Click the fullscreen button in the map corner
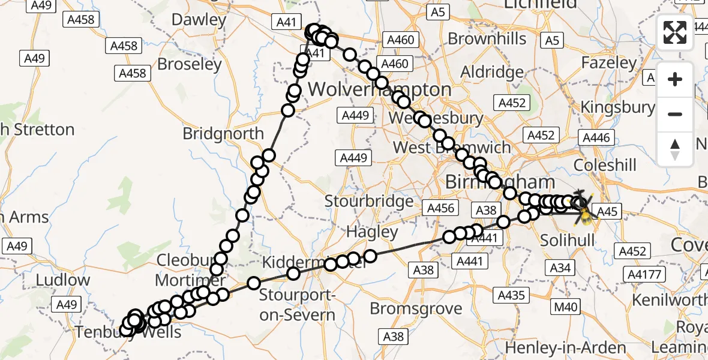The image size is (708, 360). coord(675,32)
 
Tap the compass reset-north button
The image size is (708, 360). coord(675,149)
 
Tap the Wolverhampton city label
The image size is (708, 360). coord(379,90)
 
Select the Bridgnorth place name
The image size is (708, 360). coord(223,133)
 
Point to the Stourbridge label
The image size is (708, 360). coord(370,200)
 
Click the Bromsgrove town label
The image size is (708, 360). coord(416,308)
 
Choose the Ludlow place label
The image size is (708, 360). coord(63,280)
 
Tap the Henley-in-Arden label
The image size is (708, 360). coord(565,347)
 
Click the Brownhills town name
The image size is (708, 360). coord(487,39)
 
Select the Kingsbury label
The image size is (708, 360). coord(617,107)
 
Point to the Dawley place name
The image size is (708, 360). coord(199,19)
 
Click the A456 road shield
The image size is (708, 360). coord(441,208)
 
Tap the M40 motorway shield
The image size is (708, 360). coord(565,308)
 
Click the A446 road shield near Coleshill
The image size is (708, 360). coord(596,138)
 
